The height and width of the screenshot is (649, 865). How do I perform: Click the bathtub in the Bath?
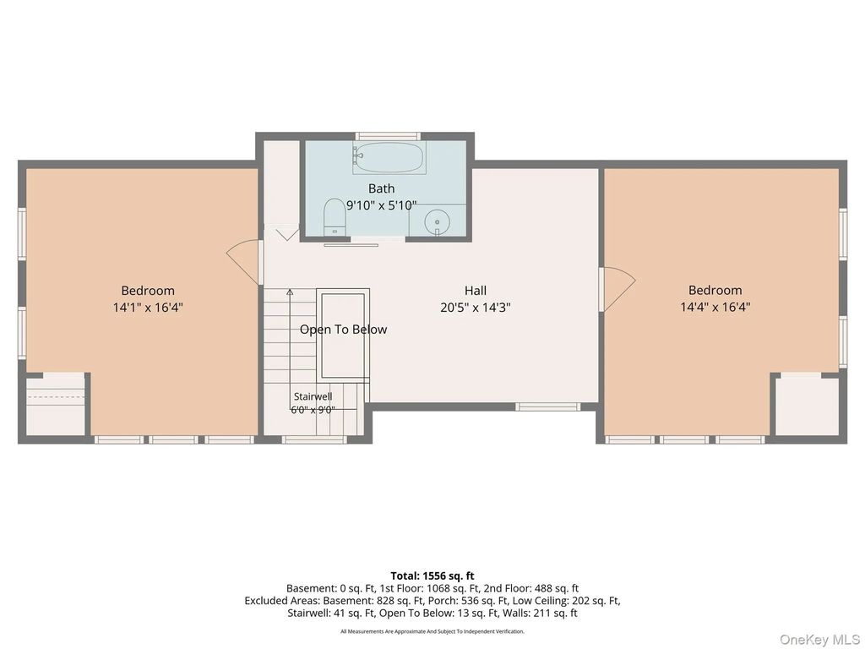389,158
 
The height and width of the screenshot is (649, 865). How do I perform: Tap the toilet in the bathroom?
334,217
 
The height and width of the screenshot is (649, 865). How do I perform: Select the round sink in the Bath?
437,223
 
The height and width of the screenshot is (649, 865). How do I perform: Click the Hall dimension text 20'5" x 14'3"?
475,308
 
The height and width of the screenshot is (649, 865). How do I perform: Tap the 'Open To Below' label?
343,330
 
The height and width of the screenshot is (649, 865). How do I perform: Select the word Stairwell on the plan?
313,396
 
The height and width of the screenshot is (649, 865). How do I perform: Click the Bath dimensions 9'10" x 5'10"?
381,205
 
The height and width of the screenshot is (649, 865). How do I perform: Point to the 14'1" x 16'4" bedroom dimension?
148,308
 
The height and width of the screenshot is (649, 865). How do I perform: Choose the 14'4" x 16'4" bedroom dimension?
715,308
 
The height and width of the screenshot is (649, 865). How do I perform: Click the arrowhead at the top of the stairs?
290,292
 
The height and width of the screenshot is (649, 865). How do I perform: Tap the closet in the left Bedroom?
55,404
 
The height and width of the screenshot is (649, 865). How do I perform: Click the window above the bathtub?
388,136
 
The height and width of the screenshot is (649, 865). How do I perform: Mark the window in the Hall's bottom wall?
547,406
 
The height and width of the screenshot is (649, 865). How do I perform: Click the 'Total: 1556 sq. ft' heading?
432,576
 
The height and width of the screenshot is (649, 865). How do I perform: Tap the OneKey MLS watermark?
819,640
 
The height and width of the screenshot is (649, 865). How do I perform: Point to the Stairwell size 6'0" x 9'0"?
313,410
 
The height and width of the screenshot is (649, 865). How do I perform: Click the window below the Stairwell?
314,439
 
